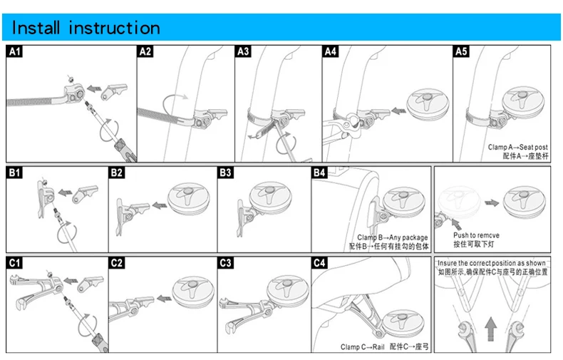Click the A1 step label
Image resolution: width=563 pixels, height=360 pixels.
coord(15,51)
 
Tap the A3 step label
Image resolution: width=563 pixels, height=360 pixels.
coord(243,51)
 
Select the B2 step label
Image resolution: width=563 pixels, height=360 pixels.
coord(117,173)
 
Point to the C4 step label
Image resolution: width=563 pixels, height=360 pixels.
coord(319,263)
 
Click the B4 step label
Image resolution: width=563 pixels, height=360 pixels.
coord(319,173)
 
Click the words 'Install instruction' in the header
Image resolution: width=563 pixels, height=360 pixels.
coord(87,28)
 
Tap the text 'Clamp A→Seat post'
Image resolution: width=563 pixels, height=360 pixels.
coord(518,147)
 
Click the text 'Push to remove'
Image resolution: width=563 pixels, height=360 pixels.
coord(476,235)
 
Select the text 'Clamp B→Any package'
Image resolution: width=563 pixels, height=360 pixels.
coord(392,238)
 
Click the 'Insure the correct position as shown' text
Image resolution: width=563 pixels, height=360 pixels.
coord(491,263)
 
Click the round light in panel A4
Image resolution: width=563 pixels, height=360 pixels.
coord(425,104)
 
